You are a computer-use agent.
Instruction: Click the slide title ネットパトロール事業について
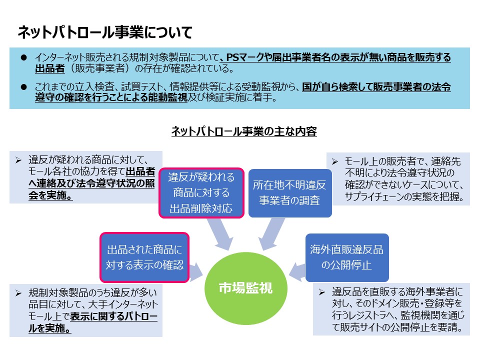(x=105, y=32)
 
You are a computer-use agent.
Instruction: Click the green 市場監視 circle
(x=246, y=288)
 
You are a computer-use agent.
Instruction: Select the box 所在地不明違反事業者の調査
(x=290, y=193)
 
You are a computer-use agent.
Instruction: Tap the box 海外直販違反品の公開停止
(x=347, y=257)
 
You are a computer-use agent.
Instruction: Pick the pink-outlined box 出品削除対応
(x=201, y=193)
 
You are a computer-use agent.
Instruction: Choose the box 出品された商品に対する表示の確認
(x=144, y=257)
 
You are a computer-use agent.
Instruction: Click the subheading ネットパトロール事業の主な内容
(x=244, y=131)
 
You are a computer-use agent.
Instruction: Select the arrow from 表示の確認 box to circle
(x=196, y=272)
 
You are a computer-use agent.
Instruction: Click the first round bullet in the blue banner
(x=24, y=57)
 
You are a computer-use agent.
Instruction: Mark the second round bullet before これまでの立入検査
(x=24, y=86)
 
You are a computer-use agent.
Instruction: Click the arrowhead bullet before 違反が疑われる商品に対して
(x=18, y=160)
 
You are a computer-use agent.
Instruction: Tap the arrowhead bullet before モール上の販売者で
(x=335, y=161)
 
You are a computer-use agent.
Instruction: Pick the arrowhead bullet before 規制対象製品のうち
(x=18, y=293)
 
